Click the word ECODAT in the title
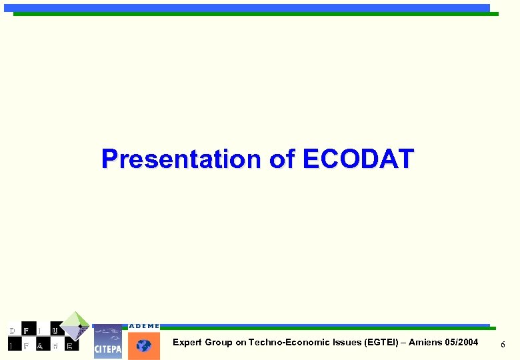[x=358, y=159]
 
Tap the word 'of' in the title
[x=283, y=159]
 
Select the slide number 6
[x=503, y=344]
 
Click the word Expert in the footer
[x=187, y=343]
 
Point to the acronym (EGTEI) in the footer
[x=383, y=343]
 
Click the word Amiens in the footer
[x=425, y=343]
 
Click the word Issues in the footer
[x=347, y=343]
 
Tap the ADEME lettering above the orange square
[x=144, y=326]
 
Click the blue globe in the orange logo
[x=144, y=346]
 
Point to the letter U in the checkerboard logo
[x=54, y=331]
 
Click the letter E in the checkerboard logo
[x=69, y=346]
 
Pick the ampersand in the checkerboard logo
[x=39, y=346]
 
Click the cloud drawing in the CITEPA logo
[x=107, y=332]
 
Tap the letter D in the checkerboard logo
[x=11, y=331]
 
